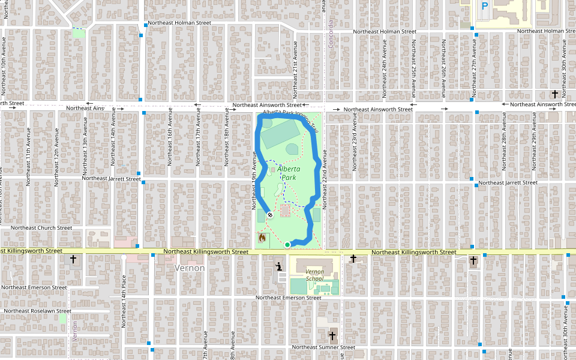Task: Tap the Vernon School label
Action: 314,275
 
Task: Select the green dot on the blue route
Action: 287,245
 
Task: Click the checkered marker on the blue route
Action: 271,214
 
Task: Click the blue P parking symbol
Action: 485,6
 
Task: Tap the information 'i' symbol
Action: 278,266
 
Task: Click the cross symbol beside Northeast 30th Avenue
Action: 555,94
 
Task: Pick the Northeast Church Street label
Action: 41,228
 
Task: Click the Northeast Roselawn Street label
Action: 37,311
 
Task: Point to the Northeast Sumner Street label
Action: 323,347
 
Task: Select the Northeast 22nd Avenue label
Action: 324,183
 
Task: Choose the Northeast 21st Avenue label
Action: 295,74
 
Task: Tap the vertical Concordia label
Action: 331,35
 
